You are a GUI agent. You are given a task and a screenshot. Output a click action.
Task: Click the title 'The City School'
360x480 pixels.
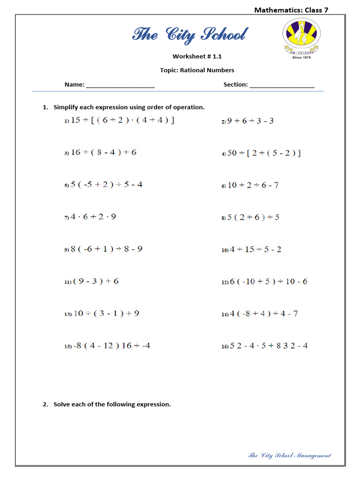tap(189, 35)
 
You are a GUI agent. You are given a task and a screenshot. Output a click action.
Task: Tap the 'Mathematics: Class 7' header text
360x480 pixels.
tap(291, 10)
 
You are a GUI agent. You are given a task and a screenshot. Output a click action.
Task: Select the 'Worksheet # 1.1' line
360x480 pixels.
tap(197, 56)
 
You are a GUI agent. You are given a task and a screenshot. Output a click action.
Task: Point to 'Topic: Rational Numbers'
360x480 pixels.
tap(197, 70)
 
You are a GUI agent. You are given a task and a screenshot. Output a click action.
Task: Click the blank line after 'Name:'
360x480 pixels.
tap(120, 85)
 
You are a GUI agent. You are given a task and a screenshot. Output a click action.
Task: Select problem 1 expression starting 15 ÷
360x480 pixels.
tap(122, 120)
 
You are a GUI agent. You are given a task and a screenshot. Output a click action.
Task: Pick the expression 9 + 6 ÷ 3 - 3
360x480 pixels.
tap(250, 121)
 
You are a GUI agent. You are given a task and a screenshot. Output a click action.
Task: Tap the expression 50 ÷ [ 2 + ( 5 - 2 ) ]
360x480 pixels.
tap(264, 153)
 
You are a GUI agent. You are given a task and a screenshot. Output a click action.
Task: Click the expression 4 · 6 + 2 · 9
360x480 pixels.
tap(93, 217)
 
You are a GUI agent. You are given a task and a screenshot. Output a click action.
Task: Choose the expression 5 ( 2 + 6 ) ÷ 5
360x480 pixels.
tap(253, 217)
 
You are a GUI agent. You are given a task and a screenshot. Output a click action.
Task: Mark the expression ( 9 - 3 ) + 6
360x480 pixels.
tap(96, 281)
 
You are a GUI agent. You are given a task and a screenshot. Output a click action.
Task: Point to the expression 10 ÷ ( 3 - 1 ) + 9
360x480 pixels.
tap(106, 314)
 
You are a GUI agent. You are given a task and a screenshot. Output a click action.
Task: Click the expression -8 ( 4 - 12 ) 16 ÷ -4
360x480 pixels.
tap(111, 346)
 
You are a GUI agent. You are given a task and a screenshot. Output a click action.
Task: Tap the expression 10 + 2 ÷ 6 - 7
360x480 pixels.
tap(253, 185)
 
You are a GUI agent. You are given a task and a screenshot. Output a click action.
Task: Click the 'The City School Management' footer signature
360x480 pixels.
tap(289, 455)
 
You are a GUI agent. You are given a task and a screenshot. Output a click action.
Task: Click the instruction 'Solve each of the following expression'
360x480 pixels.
tap(112, 404)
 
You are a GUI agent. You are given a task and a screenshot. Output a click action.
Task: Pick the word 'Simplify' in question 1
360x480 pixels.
tap(65, 107)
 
